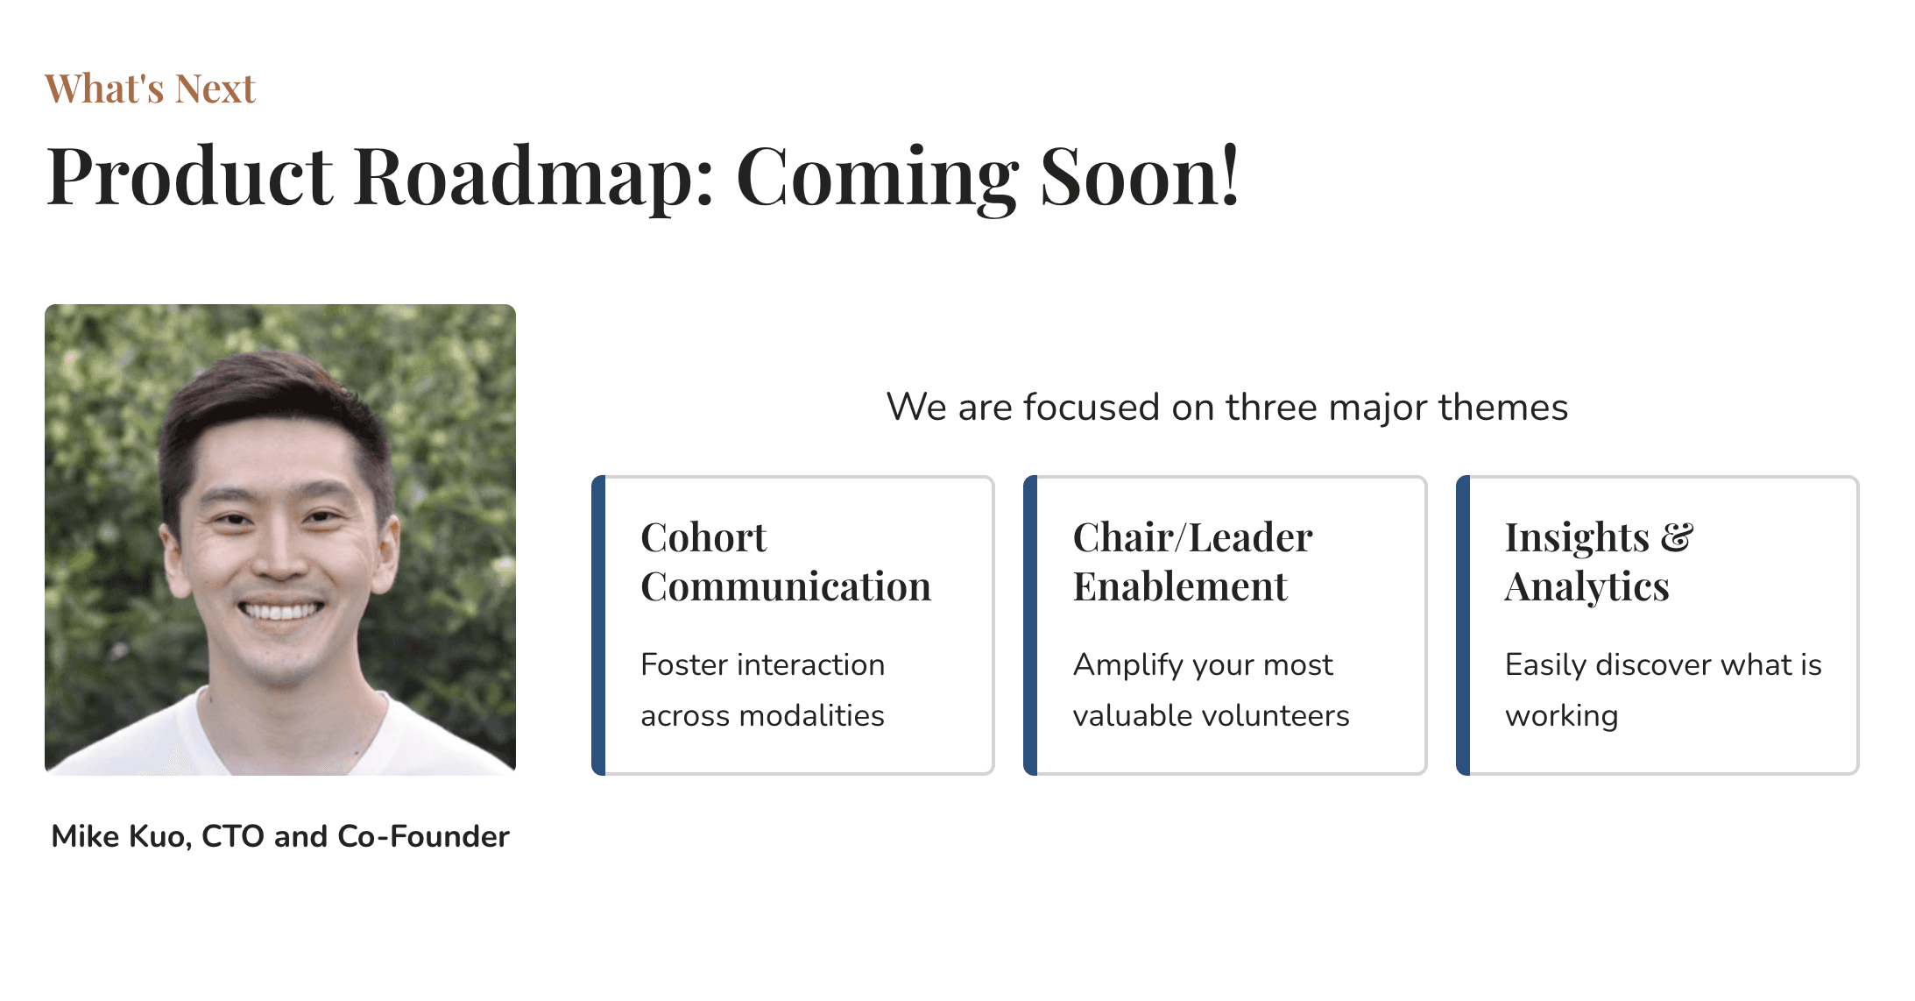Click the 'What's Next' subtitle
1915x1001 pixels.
point(150,89)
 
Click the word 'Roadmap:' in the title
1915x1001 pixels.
point(534,177)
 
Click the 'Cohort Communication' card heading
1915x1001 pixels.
point(786,562)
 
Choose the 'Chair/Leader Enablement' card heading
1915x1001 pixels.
point(1192,562)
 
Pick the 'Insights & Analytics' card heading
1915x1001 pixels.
point(1599,562)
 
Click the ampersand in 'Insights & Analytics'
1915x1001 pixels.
point(1677,537)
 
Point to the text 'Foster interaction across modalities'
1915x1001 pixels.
point(762,690)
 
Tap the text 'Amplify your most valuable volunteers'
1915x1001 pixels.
point(1211,690)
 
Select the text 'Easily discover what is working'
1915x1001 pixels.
point(1663,690)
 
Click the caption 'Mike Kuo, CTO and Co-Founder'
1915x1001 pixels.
point(280,836)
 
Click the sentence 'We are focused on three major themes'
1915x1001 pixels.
point(1226,408)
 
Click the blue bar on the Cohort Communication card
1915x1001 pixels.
point(598,625)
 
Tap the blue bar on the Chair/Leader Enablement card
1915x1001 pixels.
point(1030,625)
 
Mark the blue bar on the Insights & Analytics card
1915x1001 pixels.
point(1463,625)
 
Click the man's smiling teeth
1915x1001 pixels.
point(281,610)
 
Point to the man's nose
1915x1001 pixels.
point(279,552)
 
